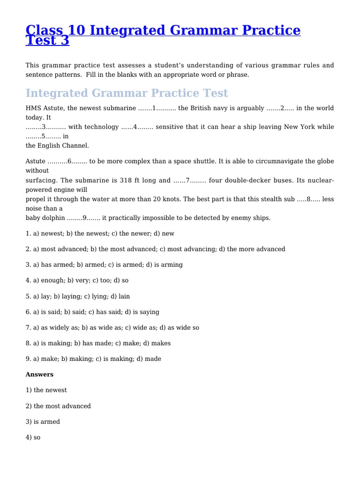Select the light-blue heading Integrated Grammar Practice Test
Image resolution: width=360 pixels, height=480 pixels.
(x=127, y=93)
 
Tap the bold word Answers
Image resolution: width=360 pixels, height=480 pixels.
(x=39, y=375)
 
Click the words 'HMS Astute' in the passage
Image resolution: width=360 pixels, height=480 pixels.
(x=45, y=108)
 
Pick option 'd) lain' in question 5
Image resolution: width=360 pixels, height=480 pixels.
(x=119, y=296)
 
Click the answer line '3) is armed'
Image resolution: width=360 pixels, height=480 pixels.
(x=43, y=422)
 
